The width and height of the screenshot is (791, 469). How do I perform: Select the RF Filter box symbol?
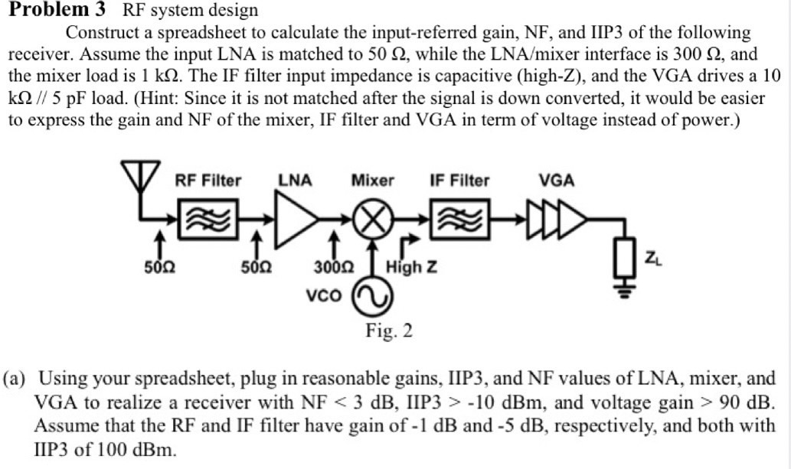(x=208, y=220)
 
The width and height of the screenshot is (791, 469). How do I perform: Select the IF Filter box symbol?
(x=459, y=220)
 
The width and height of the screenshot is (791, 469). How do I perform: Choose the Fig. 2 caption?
(x=389, y=331)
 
